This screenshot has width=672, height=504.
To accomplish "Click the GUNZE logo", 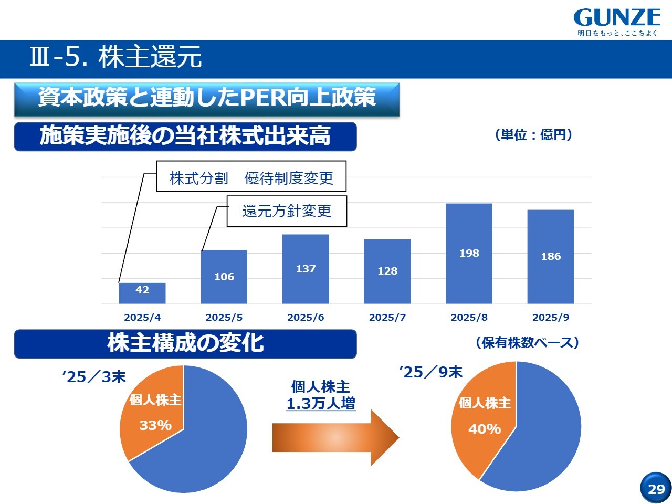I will [x=617, y=22].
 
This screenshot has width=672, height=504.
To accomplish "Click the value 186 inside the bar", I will [x=551, y=256].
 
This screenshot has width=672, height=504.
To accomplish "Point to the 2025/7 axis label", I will [x=387, y=317].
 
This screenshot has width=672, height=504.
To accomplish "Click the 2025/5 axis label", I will [x=224, y=317].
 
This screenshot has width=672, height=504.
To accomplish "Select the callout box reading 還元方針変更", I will [x=287, y=211].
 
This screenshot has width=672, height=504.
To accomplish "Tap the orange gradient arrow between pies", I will [x=335, y=437].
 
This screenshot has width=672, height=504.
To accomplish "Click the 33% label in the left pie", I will [x=155, y=425].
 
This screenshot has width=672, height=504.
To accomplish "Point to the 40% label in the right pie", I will [x=485, y=429].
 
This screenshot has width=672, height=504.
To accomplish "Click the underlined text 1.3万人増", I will [x=321, y=404].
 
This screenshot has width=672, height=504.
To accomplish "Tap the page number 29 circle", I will [x=656, y=488].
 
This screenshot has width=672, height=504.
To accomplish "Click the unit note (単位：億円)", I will [x=533, y=135].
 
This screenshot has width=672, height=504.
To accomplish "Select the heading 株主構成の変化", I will [x=185, y=343].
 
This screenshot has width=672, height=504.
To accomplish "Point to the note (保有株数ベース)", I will [x=527, y=342].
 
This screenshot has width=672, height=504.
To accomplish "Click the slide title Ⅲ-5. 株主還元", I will [x=115, y=57].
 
